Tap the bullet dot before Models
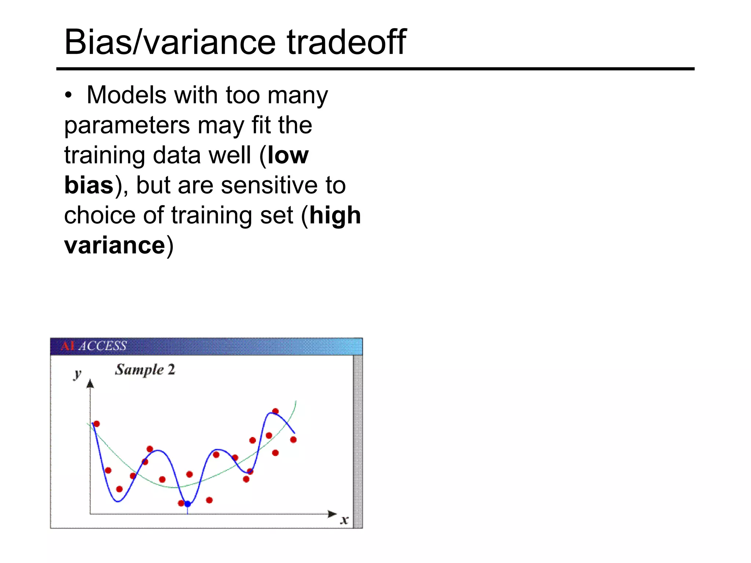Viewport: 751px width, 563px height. [68, 96]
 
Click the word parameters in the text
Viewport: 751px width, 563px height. [127, 126]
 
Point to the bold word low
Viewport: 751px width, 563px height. [288, 155]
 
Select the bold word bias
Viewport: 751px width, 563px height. [89, 185]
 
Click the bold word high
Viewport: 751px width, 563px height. [335, 215]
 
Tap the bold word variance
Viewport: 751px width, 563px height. [114, 245]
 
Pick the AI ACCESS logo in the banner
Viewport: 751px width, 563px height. [94, 346]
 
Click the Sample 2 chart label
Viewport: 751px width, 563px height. [145, 369]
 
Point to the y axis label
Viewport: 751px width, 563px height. [77, 374]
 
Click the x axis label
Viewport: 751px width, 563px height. [344, 520]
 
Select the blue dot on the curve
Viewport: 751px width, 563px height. [187, 504]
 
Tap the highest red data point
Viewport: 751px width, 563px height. [275, 411]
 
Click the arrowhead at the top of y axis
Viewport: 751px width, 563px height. [90, 384]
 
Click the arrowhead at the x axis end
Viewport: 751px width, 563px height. [332, 514]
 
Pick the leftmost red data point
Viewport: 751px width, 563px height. [97, 424]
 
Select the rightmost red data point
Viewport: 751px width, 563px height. [293, 439]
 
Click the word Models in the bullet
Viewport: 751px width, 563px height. [126, 96]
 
